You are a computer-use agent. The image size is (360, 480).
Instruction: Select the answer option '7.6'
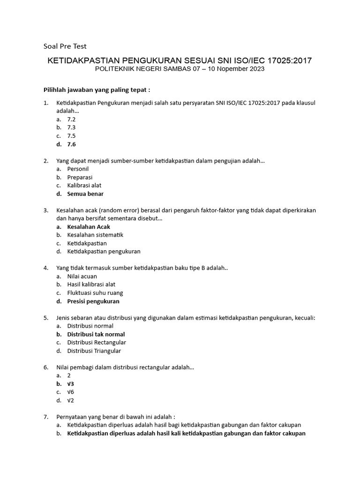pos(71,144)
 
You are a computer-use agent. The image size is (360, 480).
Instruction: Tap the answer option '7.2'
pos(71,120)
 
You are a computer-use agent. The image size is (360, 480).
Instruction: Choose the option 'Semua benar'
pos(85,194)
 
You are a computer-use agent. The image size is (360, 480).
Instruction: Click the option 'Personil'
pos(78,169)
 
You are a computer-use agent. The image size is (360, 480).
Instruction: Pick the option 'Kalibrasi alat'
pos(84,185)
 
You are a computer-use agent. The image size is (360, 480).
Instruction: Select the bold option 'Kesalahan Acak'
pos(89,226)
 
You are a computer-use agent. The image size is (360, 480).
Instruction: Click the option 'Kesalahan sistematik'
pos(95,235)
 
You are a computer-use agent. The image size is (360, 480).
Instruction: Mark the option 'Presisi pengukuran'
pos(93,301)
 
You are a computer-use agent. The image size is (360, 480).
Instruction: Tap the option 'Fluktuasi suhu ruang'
pos(95,292)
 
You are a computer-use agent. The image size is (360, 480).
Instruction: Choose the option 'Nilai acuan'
pos(82,276)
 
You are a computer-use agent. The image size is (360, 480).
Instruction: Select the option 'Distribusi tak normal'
pos(96,334)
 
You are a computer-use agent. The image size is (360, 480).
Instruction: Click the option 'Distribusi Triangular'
pos(94,351)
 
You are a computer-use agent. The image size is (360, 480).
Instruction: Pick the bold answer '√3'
pos(71,383)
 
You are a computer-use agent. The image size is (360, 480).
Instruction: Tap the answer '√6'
pos(71,392)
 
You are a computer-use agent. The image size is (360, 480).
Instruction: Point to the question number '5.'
pos(46,317)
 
